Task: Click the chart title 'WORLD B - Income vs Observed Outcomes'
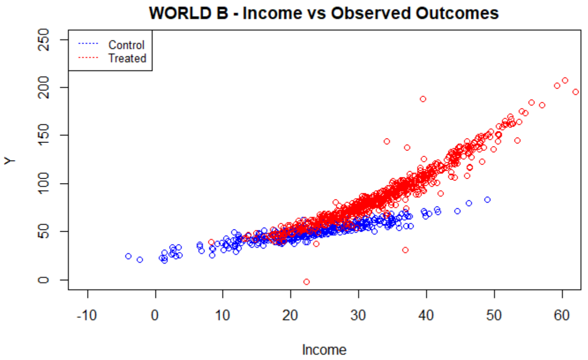[x=324, y=13]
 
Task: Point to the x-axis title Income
[x=324, y=350]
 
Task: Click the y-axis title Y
[x=10, y=160]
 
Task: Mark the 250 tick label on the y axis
[x=45, y=40]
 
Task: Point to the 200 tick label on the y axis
[x=45, y=87]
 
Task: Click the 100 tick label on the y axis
[x=45, y=184]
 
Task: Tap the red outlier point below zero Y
[x=307, y=281]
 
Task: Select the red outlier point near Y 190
[x=423, y=99]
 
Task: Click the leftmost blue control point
[x=128, y=256]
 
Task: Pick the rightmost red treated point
[x=575, y=92]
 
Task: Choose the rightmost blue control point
[x=487, y=199]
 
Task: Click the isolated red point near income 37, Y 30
[x=405, y=250]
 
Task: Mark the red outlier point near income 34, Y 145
[x=387, y=141]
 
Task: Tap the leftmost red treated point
[x=211, y=242]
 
